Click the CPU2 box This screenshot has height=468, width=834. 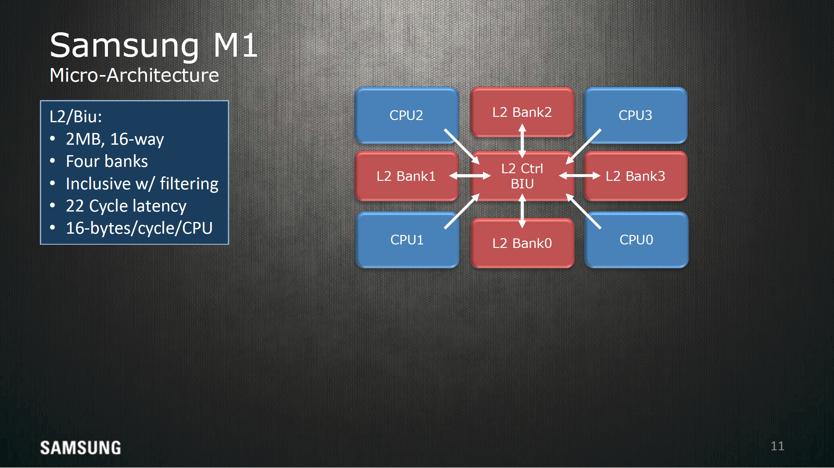point(406,115)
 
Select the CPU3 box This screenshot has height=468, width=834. point(635,115)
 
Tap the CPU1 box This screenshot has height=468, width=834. point(407,240)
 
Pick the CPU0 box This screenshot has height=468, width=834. point(636,240)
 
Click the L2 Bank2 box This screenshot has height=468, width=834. point(522,112)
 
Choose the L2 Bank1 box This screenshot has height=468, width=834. point(406,176)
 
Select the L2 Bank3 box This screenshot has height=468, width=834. point(635,176)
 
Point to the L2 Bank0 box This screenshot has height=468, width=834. point(522,243)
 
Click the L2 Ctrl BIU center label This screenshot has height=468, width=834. point(522,176)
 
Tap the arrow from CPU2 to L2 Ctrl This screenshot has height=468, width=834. point(462,147)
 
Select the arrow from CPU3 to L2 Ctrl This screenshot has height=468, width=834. point(583,147)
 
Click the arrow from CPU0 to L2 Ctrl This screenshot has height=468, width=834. point(583,211)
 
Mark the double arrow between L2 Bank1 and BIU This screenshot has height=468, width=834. point(470,175)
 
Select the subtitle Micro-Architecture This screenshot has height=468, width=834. point(135,75)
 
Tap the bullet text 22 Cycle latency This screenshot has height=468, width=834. point(126,206)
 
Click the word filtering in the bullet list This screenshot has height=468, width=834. point(189,184)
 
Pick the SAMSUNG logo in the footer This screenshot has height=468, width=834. point(81,448)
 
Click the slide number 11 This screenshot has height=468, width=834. point(777,446)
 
